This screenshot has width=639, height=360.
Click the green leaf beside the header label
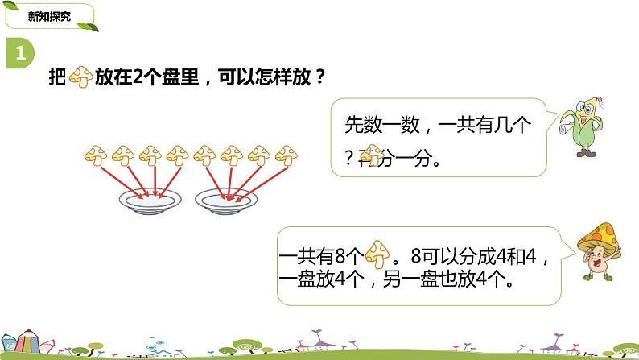93,27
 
